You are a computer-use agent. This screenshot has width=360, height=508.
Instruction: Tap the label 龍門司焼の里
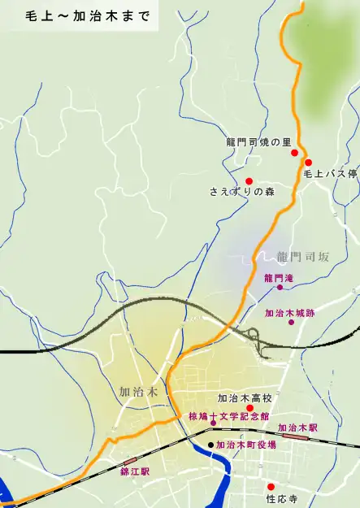coord(258,143)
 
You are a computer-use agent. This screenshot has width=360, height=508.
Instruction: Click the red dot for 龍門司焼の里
coord(295,153)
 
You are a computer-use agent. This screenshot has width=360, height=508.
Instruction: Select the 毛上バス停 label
coord(330,174)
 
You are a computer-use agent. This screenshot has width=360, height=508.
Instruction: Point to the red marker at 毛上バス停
coord(308,163)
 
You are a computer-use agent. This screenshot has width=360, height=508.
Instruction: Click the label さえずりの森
coord(242,193)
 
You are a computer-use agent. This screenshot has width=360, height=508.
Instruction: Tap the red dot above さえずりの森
coord(249,180)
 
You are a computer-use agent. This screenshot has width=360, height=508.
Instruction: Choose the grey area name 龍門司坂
coord(302,257)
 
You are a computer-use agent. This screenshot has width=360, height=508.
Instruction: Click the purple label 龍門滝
coord(278,277)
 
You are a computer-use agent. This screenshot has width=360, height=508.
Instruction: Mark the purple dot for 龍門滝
coord(280,287)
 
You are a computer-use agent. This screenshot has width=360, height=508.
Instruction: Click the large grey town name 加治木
coord(137,390)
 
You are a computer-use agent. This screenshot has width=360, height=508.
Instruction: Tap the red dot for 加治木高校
coord(250,408)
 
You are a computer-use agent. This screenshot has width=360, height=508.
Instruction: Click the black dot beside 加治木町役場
coord(211,445)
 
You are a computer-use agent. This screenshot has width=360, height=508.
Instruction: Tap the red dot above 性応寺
coord(271,487)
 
